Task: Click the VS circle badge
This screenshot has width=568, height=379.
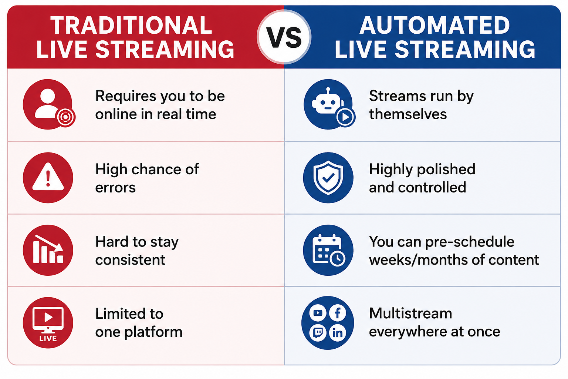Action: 284,37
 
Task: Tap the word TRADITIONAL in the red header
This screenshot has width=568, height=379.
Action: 131,25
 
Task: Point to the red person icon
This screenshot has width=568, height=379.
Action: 48,104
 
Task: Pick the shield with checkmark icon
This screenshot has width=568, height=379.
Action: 328,177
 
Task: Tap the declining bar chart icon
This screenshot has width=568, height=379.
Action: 48,250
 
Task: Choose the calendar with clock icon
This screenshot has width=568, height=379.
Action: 328,250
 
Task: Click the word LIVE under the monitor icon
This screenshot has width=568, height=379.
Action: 48,338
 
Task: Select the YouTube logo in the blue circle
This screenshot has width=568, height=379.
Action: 318,313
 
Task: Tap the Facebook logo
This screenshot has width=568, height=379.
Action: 338,313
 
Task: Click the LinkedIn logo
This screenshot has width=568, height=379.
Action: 338,332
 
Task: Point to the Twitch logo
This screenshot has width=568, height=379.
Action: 318,332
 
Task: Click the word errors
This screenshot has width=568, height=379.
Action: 115,188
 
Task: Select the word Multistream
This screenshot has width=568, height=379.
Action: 410,313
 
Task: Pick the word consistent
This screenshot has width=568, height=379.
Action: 130,260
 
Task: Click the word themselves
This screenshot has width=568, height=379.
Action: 408,114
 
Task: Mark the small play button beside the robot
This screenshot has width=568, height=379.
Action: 345,117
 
